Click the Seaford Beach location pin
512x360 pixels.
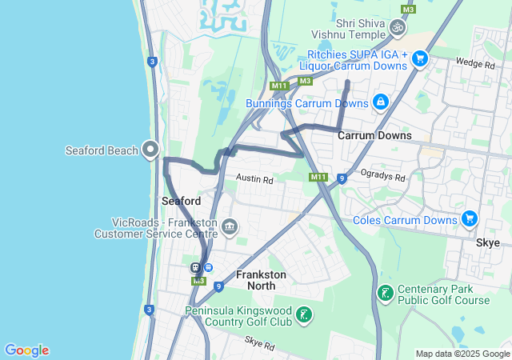[x=150, y=149]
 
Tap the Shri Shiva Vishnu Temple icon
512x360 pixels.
[x=398, y=28]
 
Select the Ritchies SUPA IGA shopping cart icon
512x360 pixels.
[x=420, y=58]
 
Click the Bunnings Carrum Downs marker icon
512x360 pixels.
[x=380, y=102]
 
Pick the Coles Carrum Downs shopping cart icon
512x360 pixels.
[x=469, y=218]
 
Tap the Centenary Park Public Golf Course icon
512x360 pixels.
[x=385, y=293]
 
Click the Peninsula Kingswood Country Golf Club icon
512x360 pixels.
[x=303, y=314]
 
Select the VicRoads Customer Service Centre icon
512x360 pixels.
[x=230, y=228]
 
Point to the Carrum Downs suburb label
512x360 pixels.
[x=374, y=135]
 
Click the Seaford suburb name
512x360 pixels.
[x=181, y=200]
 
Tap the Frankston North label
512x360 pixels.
[x=262, y=280]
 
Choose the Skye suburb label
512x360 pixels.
[x=487, y=242]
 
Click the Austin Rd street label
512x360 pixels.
[x=254, y=181]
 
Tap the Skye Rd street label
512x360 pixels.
[x=260, y=346]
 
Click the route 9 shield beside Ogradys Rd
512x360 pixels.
[x=342, y=178]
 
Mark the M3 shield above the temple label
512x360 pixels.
[x=409, y=10]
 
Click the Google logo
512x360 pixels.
[x=26, y=350]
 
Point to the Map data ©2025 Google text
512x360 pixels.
[x=462, y=354]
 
